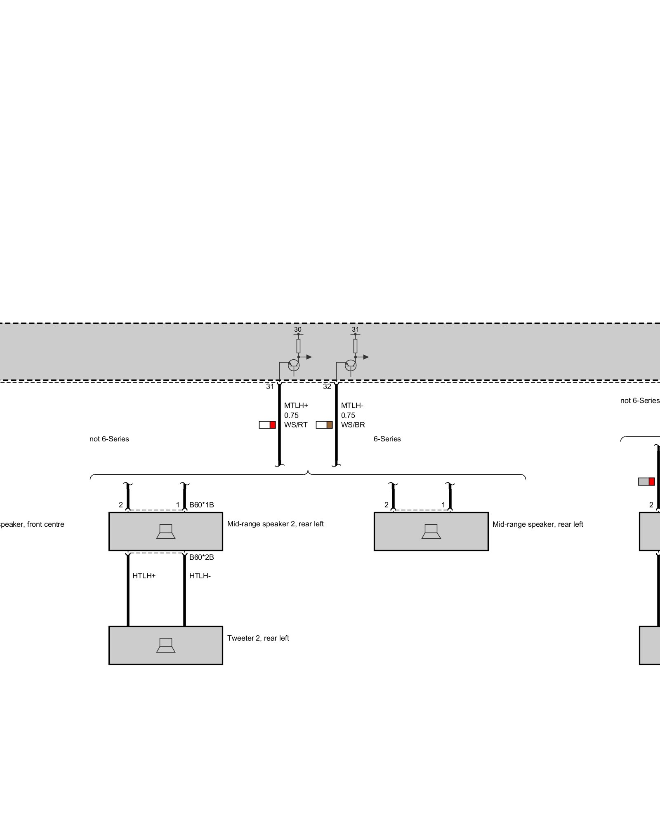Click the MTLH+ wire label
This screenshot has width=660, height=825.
[296, 405]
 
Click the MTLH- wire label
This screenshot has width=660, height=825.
[352, 405]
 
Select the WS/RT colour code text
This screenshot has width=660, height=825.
[295, 425]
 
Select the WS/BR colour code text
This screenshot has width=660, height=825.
[353, 425]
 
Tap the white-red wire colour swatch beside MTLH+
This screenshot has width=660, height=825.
[267, 425]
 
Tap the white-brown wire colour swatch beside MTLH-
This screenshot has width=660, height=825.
[324, 425]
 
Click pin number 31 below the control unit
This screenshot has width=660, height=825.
[270, 387]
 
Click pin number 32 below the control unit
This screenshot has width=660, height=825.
[327, 387]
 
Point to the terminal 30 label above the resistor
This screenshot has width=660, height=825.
[297, 330]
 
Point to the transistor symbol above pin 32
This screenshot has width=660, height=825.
[351, 365]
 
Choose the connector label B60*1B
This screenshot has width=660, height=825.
[201, 505]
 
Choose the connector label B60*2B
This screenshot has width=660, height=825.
[201, 557]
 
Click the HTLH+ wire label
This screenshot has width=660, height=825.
[144, 576]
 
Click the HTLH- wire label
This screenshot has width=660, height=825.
[200, 576]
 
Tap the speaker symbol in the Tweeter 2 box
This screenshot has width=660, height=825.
[166, 645]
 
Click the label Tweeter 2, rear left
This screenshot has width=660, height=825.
[258, 638]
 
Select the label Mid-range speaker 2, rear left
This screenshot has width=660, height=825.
[275, 524]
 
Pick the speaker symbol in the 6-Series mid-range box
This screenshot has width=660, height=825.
[431, 531]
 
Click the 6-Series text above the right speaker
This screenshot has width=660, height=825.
[387, 439]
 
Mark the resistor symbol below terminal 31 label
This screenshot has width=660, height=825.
[355, 346]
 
